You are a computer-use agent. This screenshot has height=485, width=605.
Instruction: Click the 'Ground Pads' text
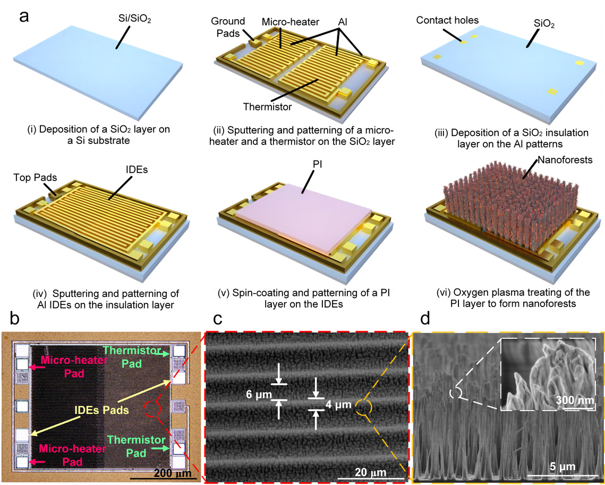(x=228, y=27)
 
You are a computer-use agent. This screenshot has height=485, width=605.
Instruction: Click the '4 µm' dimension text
(x=338, y=405)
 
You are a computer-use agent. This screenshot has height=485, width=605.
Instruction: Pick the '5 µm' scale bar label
(x=560, y=467)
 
